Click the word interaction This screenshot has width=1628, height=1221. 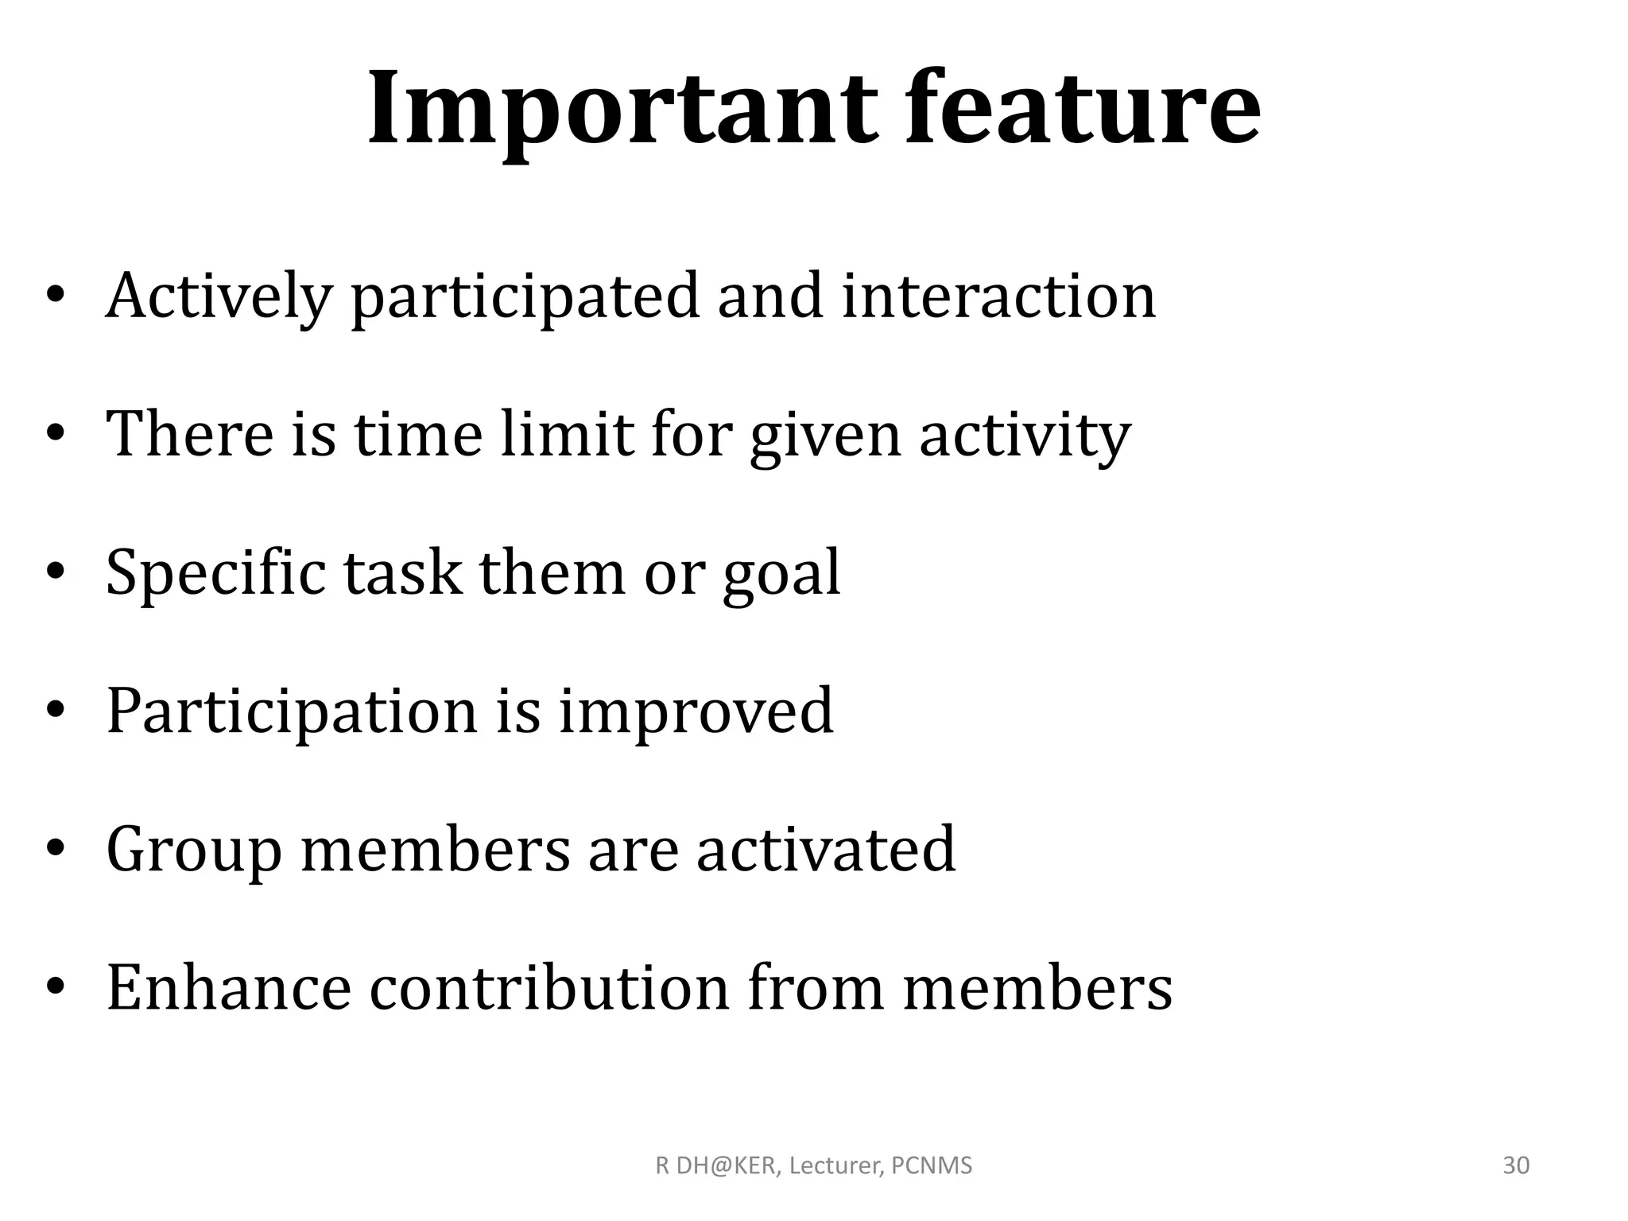(x=998, y=296)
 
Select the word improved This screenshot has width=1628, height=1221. (x=696, y=712)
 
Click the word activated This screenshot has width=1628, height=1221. (x=826, y=849)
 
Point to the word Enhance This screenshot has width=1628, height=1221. (x=229, y=987)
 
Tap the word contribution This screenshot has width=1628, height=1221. (x=549, y=987)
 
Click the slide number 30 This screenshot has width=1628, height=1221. (x=1516, y=1165)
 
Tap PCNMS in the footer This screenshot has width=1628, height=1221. (x=932, y=1166)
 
